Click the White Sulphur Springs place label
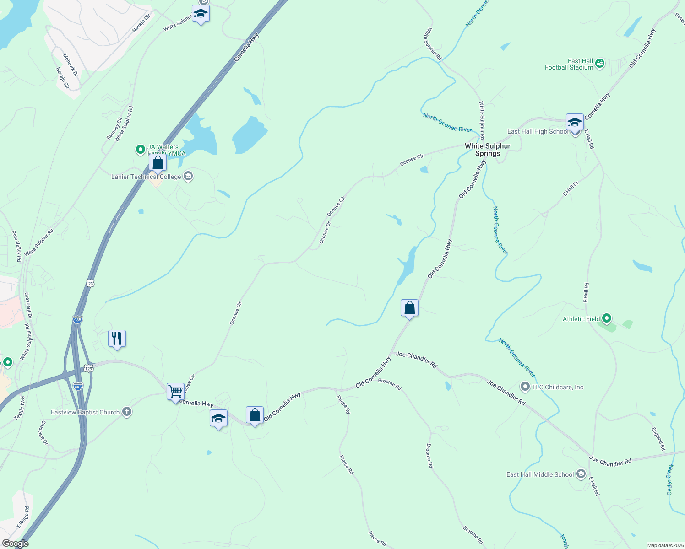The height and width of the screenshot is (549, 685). click(x=488, y=150)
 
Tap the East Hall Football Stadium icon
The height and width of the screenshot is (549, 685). click(x=600, y=63)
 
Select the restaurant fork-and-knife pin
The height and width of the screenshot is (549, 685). click(x=117, y=339)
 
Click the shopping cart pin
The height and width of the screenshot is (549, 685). click(x=175, y=392)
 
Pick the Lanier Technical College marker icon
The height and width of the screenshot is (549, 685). click(x=188, y=177)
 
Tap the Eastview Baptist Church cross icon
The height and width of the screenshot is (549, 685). click(x=127, y=412)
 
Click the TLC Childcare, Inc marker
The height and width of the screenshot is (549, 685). click(x=525, y=387)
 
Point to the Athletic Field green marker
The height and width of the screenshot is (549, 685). click(x=607, y=318)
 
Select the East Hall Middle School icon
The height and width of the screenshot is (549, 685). click(x=581, y=474)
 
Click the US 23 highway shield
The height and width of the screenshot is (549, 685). click(x=91, y=284)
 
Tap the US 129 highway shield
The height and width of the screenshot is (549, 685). click(x=89, y=368)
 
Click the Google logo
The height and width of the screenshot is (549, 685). click(x=15, y=544)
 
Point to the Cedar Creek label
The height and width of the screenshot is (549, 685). click(x=670, y=479)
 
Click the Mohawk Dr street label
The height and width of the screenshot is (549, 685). click(x=71, y=65)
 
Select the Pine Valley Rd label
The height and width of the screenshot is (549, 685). click(x=16, y=246)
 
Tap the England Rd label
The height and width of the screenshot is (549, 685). click(x=658, y=439)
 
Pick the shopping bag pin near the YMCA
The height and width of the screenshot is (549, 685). click(x=158, y=163)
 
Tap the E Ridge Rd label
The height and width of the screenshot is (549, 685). click(x=23, y=517)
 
